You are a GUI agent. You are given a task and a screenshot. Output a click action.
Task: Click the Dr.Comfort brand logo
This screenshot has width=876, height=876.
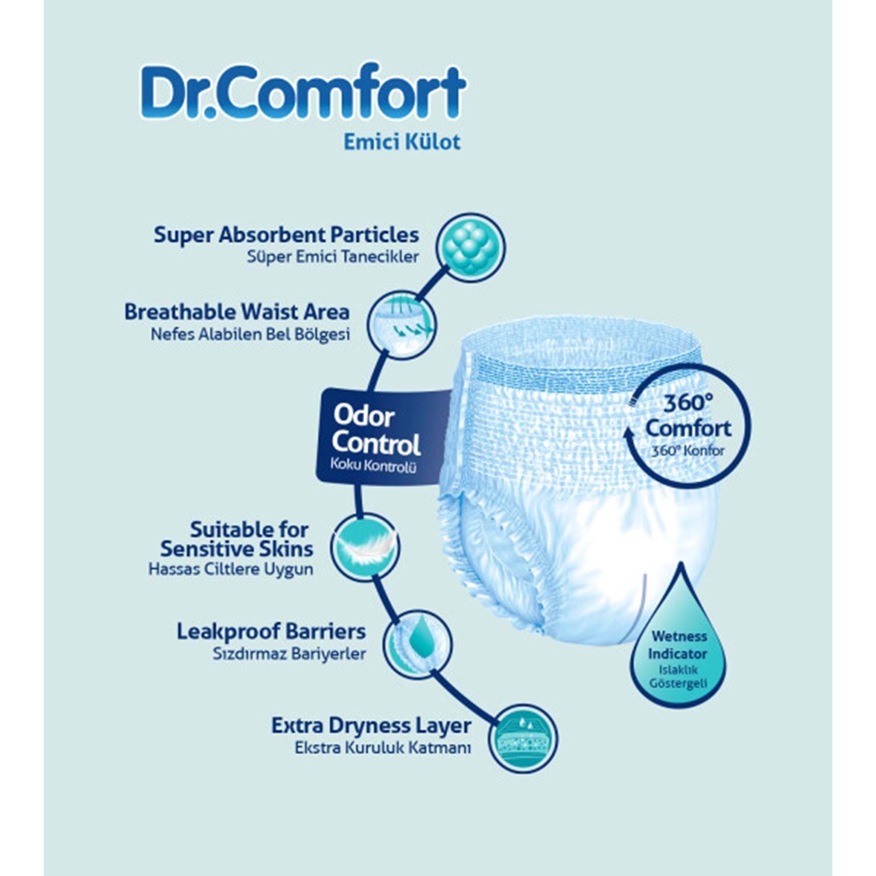point(303,92)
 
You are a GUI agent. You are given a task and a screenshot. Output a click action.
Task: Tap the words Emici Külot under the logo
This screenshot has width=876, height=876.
point(402,142)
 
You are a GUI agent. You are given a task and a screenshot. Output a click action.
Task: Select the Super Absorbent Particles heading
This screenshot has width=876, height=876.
point(286,235)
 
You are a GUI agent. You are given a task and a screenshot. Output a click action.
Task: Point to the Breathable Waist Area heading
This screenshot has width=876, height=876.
point(237,312)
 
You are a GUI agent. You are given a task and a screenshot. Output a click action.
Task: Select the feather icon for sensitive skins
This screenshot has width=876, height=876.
point(365,547)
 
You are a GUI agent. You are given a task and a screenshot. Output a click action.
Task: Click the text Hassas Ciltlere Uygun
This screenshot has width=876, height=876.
point(231,569)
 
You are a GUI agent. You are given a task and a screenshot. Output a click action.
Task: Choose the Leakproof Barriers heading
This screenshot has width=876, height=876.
point(271,631)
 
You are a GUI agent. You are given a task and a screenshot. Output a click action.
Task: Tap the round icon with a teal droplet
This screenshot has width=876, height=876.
point(418,645)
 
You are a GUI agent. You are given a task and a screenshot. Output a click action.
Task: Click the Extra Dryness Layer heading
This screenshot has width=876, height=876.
point(371,726)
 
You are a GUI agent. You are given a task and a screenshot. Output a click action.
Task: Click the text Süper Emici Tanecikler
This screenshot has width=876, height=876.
point(332,257)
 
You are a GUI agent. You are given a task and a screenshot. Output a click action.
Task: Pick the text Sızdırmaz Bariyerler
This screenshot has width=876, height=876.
point(289,653)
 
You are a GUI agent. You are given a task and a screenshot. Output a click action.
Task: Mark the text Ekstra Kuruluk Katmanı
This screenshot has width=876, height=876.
point(383,748)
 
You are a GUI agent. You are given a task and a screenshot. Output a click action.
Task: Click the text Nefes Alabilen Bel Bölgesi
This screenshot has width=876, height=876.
point(250,335)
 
